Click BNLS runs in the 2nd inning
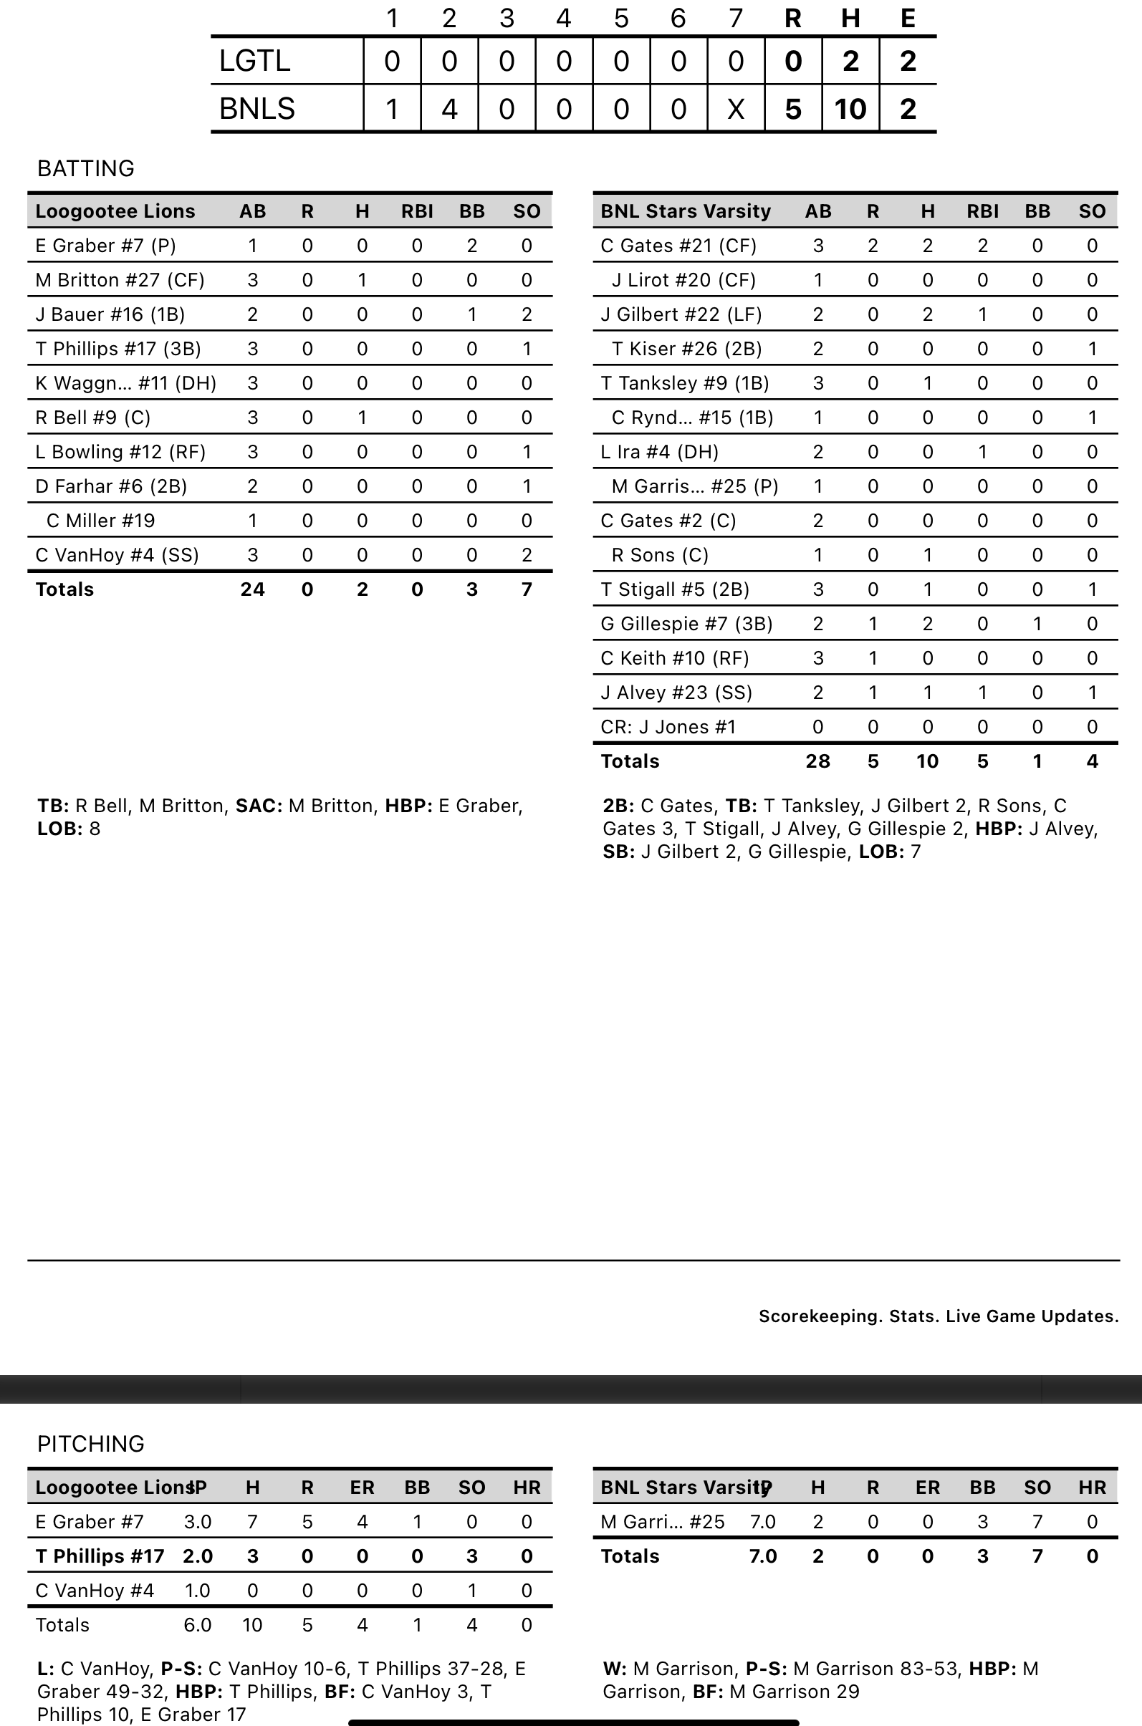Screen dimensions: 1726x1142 coord(448,108)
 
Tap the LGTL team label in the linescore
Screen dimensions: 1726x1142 coord(254,61)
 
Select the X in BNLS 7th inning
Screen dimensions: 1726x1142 coord(736,108)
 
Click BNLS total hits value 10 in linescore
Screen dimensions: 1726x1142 coord(850,108)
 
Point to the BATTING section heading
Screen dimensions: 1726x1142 coord(86,168)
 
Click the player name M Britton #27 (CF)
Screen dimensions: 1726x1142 coord(120,279)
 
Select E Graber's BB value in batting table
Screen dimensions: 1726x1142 coord(471,246)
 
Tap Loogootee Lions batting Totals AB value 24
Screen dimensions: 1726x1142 coord(252,589)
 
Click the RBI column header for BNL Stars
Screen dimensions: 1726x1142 coord(982,211)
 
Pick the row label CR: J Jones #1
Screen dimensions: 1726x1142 coord(668,726)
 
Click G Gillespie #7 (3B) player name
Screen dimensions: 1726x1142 coord(686,623)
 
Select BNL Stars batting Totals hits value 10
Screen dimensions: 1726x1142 coord(926,761)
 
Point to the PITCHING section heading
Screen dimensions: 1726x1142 coord(90,1444)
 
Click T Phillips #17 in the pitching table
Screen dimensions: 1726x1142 coord(100,1556)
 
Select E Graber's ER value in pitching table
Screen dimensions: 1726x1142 coord(362,1521)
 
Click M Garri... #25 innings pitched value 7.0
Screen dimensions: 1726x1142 coord(762,1521)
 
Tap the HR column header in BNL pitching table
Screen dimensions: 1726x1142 coord(1092,1488)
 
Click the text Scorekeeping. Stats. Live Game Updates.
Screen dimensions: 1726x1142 coord(938,1316)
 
